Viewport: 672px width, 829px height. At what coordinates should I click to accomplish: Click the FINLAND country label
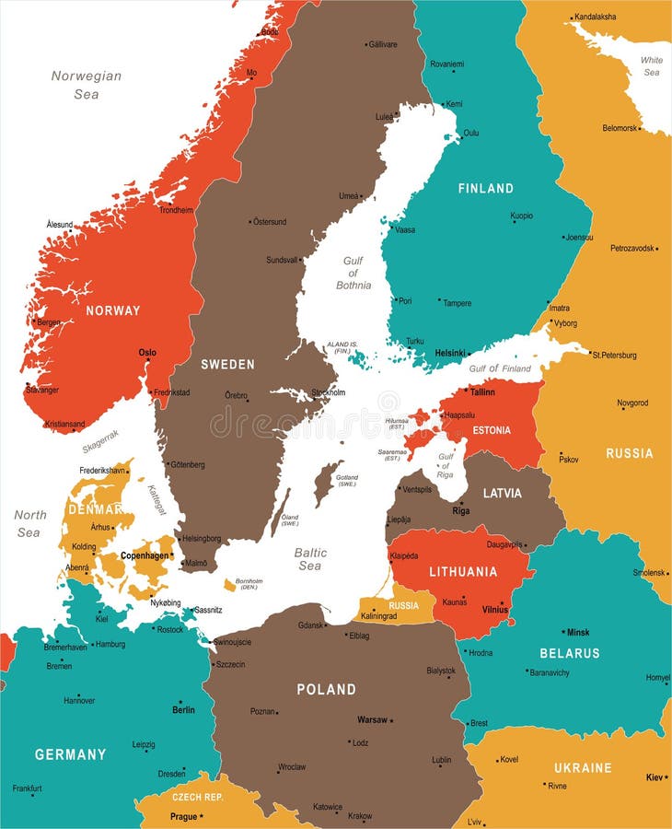[485, 188]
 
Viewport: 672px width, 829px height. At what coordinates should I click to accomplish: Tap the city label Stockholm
[329, 392]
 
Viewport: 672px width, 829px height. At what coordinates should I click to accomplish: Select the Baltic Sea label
[310, 559]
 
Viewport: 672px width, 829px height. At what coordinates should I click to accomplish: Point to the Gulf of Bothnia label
[353, 273]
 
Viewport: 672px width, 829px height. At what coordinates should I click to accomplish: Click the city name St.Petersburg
[614, 355]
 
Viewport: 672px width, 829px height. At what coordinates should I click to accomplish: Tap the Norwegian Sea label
[86, 85]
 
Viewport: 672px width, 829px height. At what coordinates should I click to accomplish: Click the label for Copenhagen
[145, 556]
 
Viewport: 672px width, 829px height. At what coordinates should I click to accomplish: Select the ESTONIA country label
[492, 430]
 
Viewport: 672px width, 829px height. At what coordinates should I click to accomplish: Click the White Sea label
[652, 66]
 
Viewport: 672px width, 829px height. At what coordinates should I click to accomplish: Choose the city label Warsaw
[372, 719]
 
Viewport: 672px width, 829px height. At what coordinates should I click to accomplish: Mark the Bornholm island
[229, 585]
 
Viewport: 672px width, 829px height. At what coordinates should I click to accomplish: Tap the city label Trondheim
[177, 210]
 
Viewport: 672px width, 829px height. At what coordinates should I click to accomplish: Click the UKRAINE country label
[583, 767]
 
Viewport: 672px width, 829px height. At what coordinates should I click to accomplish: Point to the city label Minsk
[578, 633]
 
